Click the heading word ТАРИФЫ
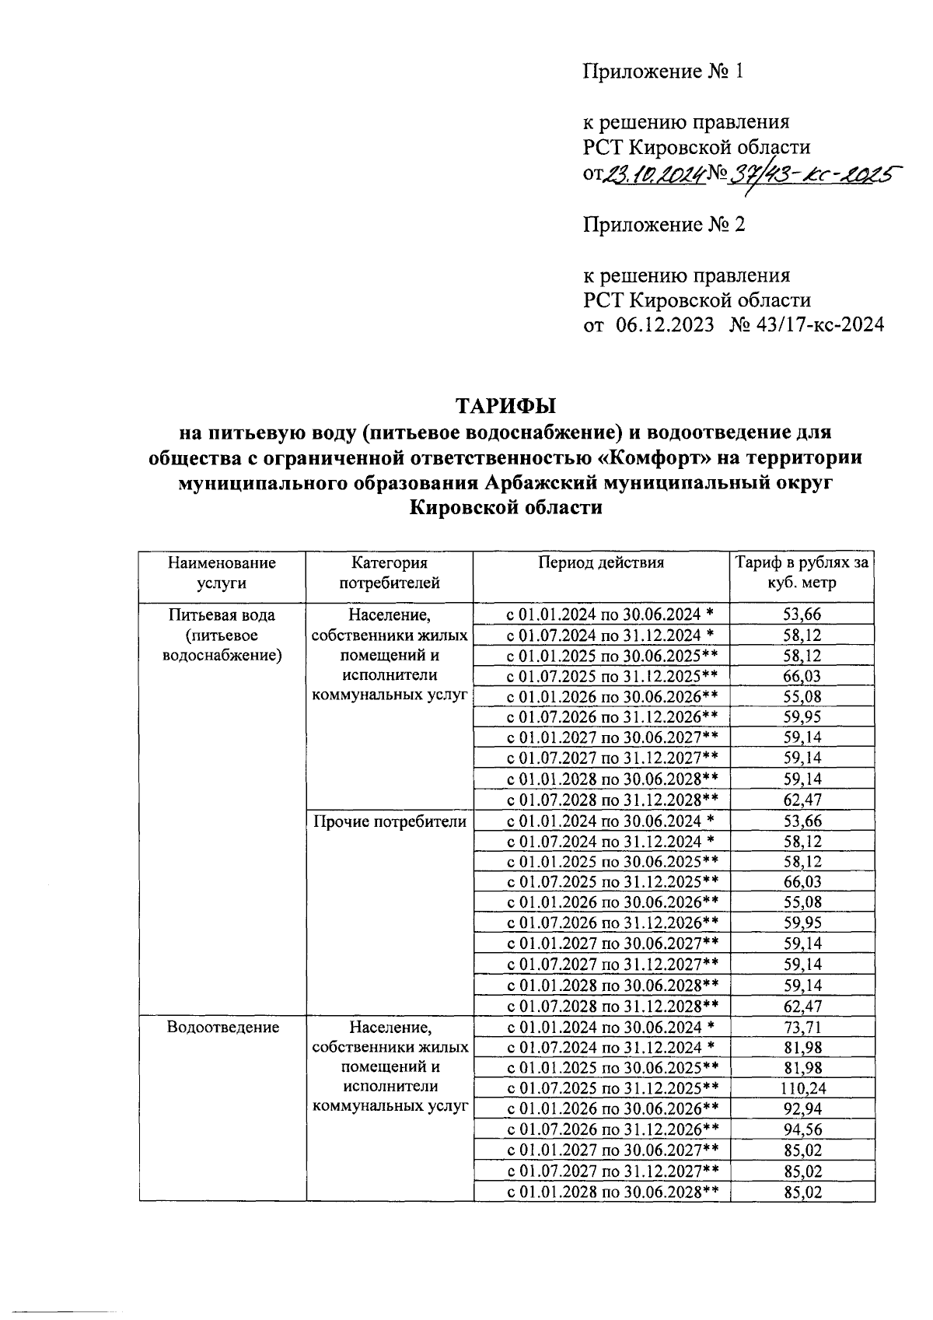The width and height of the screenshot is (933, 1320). pos(506,406)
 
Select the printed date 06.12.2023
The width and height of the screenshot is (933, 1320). pos(666,325)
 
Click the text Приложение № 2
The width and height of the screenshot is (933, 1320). pos(664,225)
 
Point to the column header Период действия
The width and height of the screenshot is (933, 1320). pos(601,562)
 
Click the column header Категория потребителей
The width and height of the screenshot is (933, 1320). pos(390,572)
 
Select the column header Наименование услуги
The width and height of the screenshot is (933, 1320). pos(222,572)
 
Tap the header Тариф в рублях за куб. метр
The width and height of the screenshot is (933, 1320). pos(802,572)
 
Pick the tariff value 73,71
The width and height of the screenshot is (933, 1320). pos(802,1027)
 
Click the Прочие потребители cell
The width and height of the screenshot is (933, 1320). pos(390,821)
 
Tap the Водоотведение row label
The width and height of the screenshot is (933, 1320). pos(223,1027)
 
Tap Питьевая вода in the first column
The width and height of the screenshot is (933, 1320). pos(222,614)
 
